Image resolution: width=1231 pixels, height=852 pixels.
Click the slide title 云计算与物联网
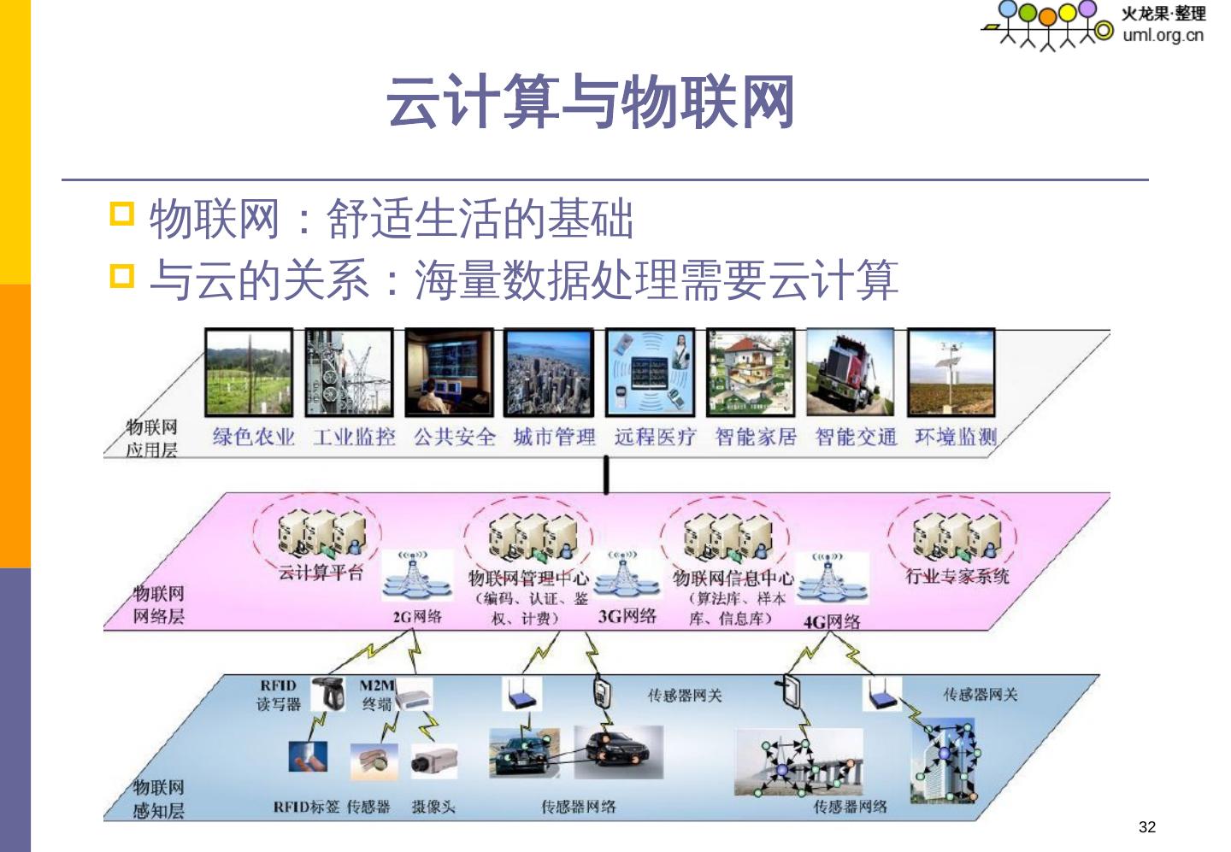[x=591, y=102]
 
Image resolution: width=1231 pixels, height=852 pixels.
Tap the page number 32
[x=1146, y=826]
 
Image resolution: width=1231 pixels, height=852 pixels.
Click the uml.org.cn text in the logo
[x=1163, y=35]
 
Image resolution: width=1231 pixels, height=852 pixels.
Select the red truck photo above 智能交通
[x=851, y=373]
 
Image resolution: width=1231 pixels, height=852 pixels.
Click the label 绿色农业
[x=254, y=438]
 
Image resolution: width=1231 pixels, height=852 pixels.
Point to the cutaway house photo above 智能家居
[x=751, y=373]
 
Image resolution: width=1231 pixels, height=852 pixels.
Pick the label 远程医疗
[x=655, y=438]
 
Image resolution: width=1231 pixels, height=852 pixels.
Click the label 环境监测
[x=956, y=438]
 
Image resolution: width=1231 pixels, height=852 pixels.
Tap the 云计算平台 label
[x=321, y=573]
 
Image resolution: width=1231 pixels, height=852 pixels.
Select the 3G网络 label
[x=627, y=616]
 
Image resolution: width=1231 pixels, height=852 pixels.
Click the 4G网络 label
[x=832, y=621]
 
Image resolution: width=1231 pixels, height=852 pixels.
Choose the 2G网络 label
[x=417, y=616]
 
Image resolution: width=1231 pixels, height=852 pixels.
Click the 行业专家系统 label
[x=957, y=576]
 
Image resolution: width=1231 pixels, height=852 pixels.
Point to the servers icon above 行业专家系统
[x=956, y=535]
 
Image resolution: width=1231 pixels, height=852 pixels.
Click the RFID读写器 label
[x=279, y=695]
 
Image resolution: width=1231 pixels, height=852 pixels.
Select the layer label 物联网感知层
[x=158, y=798]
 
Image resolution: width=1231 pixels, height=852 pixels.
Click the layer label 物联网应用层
[x=152, y=438]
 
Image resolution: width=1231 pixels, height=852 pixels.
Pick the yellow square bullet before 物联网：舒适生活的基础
[x=122, y=214]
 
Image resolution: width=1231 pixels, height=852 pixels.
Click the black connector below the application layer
[x=606, y=475]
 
